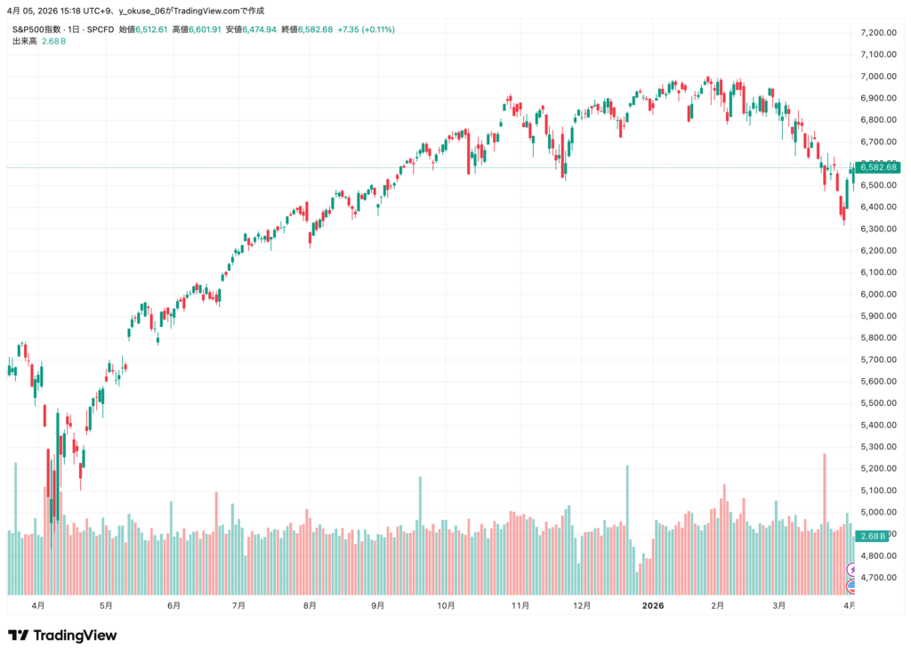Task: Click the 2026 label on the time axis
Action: [x=653, y=605]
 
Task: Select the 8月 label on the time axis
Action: [x=309, y=605]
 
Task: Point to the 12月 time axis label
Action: [x=583, y=605]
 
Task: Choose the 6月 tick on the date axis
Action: [x=173, y=605]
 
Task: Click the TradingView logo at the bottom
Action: [x=62, y=636]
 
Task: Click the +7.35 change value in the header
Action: [x=350, y=29]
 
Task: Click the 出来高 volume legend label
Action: [x=24, y=41]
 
